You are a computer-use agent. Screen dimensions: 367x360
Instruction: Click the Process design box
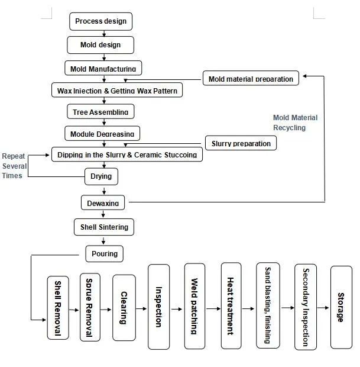[x=100, y=22]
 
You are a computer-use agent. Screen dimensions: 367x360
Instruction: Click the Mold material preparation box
[x=251, y=79]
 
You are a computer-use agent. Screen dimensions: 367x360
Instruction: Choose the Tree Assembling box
[x=100, y=111]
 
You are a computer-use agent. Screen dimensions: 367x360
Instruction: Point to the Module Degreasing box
[x=102, y=133]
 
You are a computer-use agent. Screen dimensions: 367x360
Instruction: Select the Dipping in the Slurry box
[x=127, y=154]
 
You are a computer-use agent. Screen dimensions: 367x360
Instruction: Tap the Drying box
[x=100, y=176]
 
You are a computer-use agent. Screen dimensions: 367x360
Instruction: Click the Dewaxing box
[x=103, y=202]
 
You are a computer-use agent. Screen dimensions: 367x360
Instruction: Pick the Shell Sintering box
[x=104, y=227]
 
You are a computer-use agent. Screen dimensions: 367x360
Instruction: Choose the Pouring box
[x=105, y=253]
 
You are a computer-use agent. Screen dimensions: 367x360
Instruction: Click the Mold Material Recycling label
[x=294, y=123]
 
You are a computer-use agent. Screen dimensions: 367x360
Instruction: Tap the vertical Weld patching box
[x=194, y=306]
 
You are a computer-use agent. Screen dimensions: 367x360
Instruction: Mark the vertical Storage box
[x=340, y=307]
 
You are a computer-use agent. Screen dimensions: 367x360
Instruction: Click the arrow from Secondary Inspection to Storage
[x=322, y=308]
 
